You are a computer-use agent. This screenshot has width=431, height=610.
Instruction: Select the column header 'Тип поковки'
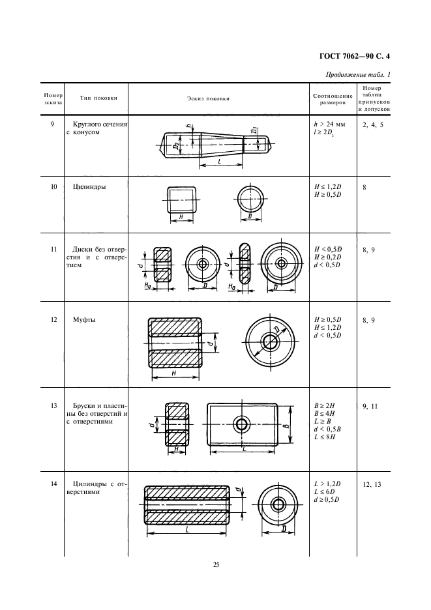pos(98,98)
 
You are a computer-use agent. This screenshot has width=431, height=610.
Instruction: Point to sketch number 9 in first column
pos(52,123)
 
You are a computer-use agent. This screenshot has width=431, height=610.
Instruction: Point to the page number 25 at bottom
pos(216,564)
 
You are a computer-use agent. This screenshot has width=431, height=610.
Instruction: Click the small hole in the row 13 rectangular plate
pos(242,425)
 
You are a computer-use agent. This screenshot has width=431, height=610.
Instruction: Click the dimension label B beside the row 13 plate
pos(286,425)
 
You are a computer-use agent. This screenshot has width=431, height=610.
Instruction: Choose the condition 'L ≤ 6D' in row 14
pos(325,491)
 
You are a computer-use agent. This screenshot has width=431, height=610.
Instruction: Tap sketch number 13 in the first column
pos(52,405)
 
